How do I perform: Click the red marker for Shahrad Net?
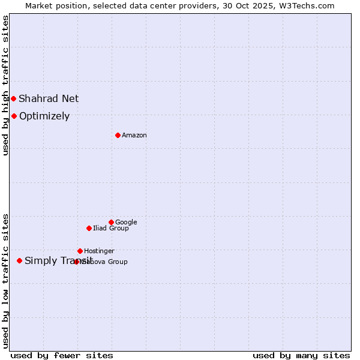tap(13, 98)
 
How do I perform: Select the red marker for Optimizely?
tap(14, 116)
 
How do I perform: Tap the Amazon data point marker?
tap(118, 135)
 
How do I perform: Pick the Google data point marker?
tap(111, 222)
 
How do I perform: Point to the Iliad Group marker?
tap(89, 228)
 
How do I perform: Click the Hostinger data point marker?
tap(80, 251)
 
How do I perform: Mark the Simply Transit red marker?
tap(20, 260)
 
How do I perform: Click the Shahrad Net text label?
tap(49, 98)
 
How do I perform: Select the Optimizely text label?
tap(44, 116)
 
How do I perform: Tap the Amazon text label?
tap(134, 136)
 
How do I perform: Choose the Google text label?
tap(126, 223)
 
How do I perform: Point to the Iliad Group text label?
tap(111, 229)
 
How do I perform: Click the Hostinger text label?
tap(99, 251)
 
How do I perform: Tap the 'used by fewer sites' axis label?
tap(62, 356)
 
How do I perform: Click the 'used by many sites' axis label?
tap(301, 356)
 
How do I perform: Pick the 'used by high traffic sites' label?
tap(5, 85)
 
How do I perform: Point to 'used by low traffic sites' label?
tap(5, 281)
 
